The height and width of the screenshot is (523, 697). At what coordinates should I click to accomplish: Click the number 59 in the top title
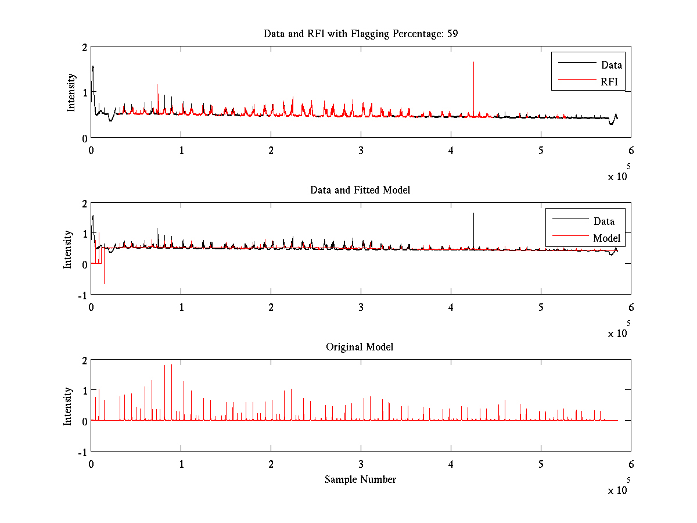click(452, 34)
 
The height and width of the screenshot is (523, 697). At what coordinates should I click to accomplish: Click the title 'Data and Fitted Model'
click(360, 190)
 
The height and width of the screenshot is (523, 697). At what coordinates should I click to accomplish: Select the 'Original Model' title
click(360, 347)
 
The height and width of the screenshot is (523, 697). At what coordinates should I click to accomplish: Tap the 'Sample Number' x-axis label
click(360, 479)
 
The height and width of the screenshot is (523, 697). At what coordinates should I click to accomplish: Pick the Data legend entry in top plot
click(612, 65)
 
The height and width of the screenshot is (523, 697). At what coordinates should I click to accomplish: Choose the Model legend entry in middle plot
click(606, 238)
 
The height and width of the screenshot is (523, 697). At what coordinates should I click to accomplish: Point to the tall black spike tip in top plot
click(473, 62)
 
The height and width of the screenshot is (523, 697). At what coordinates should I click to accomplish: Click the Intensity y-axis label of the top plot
click(71, 92)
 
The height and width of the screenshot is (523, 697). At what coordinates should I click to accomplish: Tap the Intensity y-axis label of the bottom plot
click(67, 406)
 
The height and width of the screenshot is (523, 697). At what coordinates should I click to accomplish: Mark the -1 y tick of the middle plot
click(82, 295)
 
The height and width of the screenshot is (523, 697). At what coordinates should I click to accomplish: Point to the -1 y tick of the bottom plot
click(82, 452)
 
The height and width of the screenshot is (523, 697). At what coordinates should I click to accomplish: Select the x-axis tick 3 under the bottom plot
click(361, 464)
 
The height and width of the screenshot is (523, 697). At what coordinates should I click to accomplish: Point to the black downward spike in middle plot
click(104, 282)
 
